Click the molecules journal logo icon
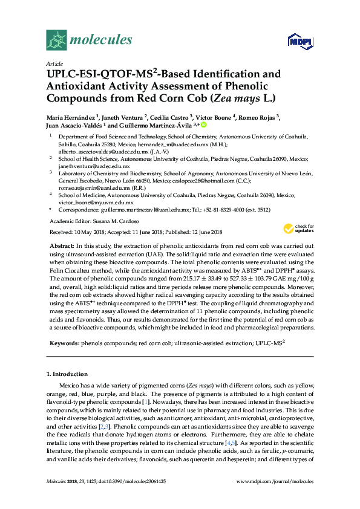[56, 40]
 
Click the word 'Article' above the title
[54, 63]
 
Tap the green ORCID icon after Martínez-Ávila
[204, 126]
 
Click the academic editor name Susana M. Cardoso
[114, 221]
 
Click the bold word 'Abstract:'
[60, 247]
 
